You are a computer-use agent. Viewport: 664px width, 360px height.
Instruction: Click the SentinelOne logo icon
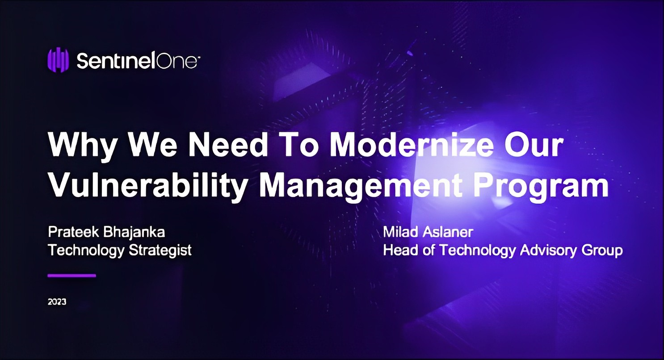pyautogui.click(x=58, y=60)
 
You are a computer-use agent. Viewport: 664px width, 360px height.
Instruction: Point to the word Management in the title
pyautogui.click(x=361, y=187)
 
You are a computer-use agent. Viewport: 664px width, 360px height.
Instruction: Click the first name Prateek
pyautogui.click(x=73, y=232)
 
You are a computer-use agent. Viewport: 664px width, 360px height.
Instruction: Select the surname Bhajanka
pyautogui.click(x=134, y=233)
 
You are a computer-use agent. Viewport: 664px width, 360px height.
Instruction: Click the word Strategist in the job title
pyautogui.click(x=160, y=251)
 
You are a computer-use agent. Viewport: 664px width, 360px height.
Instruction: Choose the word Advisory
pyautogui.click(x=548, y=251)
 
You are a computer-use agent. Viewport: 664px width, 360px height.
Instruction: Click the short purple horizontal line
pyautogui.click(x=72, y=276)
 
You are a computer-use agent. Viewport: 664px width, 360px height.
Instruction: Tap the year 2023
pyautogui.click(x=57, y=302)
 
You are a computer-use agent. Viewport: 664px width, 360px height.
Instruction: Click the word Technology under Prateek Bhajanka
pyautogui.click(x=86, y=251)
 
